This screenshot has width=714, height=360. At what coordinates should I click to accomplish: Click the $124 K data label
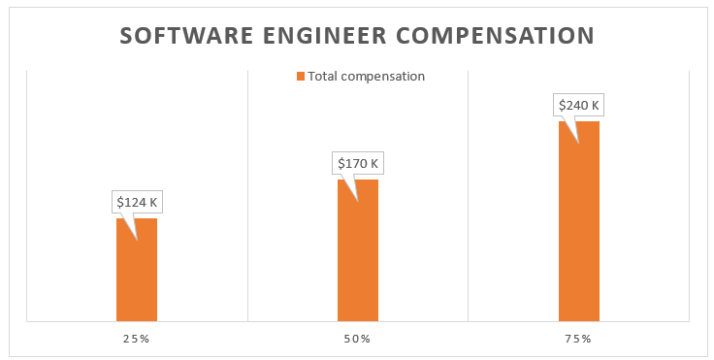(137, 203)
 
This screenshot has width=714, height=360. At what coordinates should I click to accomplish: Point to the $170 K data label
(358, 164)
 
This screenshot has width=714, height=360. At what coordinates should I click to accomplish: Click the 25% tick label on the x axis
(136, 339)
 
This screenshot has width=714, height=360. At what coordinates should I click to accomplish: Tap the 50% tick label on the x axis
(357, 339)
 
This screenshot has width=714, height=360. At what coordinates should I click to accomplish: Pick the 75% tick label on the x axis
(578, 339)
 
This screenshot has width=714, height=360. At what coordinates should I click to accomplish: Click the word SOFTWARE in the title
(184, 36)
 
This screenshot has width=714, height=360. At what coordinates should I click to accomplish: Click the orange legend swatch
(301, 76)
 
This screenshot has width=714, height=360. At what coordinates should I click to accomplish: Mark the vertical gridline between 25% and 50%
(247, 194)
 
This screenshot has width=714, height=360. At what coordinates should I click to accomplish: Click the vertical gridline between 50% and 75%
(469, 194)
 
